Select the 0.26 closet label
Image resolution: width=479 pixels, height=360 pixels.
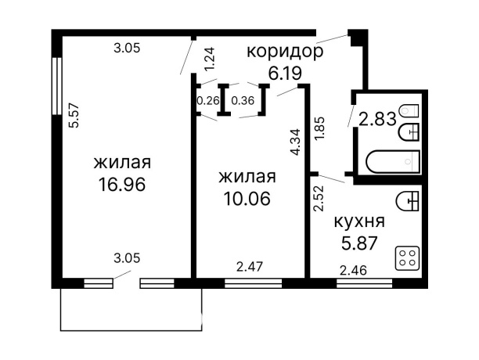[208, 100]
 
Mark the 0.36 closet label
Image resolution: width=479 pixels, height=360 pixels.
[243, 100]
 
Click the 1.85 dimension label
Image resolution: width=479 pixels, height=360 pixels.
[319, 128]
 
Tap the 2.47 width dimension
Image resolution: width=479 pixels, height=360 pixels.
[249, 266]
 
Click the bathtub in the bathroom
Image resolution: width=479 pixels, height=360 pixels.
[394, 162]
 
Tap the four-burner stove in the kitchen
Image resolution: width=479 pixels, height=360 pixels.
[407, 258]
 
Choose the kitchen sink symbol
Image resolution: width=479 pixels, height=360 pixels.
[409, 202]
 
